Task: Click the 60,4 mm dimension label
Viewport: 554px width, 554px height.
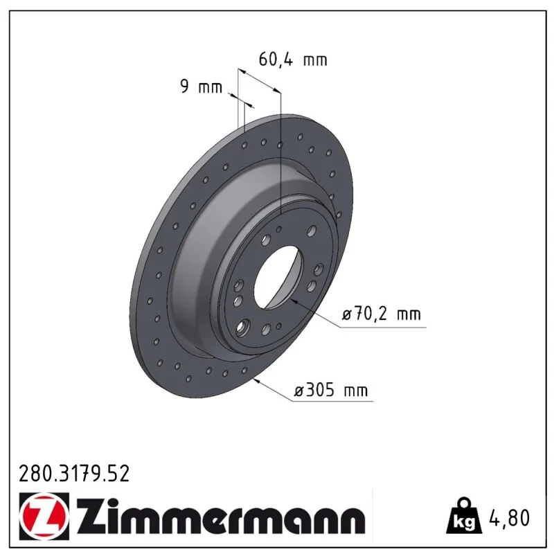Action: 293,60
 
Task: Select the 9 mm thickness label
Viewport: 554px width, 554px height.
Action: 201,86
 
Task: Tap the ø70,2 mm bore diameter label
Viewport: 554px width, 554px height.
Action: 382,314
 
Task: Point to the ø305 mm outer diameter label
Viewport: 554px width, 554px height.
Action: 331,391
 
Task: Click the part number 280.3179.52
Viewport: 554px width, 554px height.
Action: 74,474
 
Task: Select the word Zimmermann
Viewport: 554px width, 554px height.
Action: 221,517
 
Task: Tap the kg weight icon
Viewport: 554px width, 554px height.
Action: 464,517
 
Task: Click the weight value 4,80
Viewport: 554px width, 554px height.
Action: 509,517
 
